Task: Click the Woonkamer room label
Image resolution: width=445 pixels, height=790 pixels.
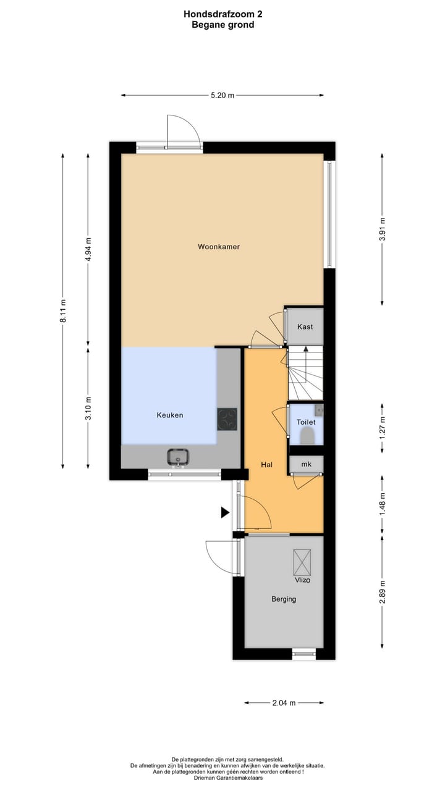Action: click(x=218, y=247)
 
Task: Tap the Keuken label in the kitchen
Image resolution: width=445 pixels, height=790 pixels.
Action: click(x=169, y=415)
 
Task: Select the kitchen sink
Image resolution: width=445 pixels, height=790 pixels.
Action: click(x=178, y=457)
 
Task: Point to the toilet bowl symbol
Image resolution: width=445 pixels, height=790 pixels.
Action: click(x=306, y=436)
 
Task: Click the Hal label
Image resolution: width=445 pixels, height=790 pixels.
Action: click(x=267, y=464)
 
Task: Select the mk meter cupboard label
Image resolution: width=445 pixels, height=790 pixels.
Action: click(x=305, y=464)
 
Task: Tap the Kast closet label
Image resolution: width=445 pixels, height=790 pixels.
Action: click(x=304, y=326)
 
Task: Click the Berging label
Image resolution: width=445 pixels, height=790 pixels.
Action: click(x=284, y=599)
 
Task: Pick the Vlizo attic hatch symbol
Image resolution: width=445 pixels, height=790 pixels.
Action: click(x=302, y=562)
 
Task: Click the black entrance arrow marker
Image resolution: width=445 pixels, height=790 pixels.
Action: click(x=226, y=512)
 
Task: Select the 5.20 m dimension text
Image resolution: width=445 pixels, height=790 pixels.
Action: click(x=222, y=96)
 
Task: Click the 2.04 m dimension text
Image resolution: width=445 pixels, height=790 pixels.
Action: click(x=284, y=702)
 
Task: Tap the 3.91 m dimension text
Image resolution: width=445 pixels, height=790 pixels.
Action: click(x=383, y=229)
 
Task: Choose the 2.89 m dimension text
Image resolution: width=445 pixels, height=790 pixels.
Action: click(x=383, y=592)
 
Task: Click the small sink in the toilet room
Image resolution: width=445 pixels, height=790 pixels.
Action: click(x=318, y=409)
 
